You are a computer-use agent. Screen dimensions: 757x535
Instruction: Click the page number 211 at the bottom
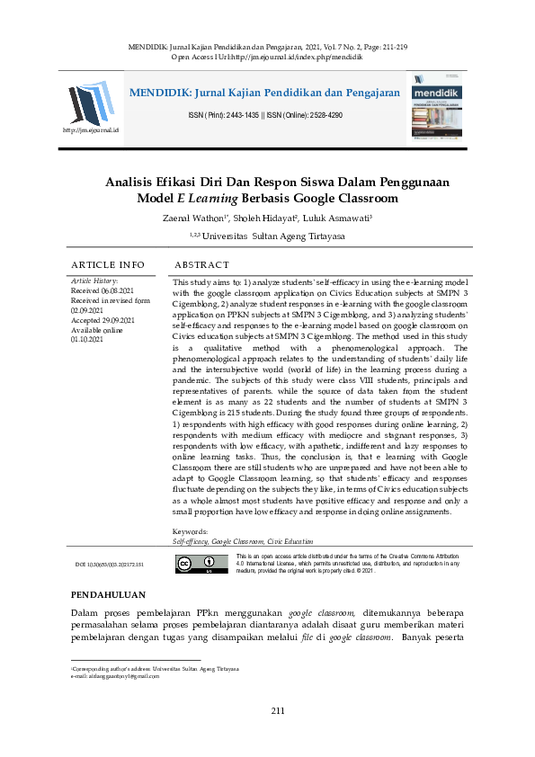[x=278, y=711]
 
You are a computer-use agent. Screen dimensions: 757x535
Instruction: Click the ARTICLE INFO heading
[x=108, y=265]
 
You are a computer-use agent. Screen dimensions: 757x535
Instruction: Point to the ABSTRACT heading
[x=203, y=265]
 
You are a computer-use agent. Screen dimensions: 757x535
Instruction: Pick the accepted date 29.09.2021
[x=102, y=320]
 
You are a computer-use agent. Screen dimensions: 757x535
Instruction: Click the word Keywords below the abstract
[x=190, y=532]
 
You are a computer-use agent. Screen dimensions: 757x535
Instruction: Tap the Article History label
[x=94, y=282]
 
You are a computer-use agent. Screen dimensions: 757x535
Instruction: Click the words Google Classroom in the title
[x=351, y=198]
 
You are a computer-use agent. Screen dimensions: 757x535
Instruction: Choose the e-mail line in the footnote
[x=115, y=676]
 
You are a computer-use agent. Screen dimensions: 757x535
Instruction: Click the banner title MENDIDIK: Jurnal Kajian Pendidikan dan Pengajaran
[x=264, y=93]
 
